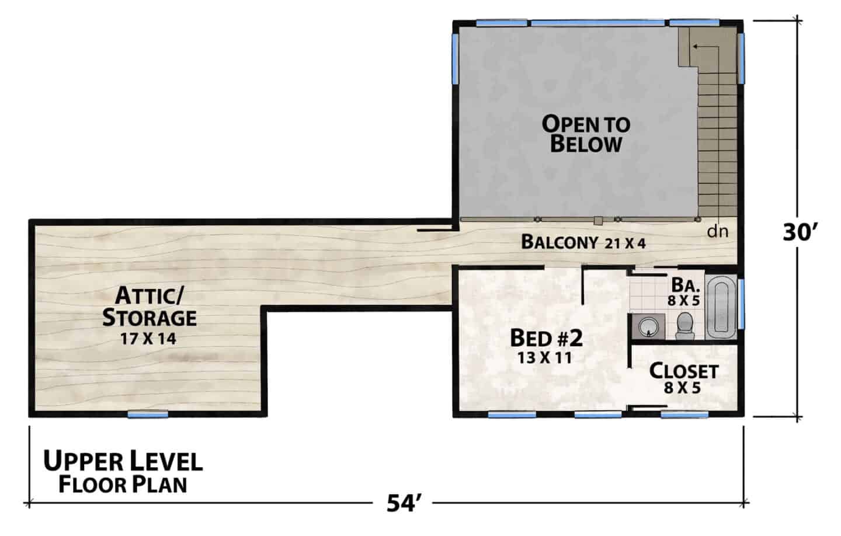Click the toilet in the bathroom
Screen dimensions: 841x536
[x=685, y=326]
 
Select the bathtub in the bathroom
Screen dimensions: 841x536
[x=721, y=308]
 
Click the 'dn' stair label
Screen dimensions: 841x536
[x=717, y=232]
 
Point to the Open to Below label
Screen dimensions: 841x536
[x=586, y=134]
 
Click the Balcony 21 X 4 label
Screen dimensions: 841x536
[x=583, y=242]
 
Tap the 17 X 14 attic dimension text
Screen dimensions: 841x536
[x=148, y=339]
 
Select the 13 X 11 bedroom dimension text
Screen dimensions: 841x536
[x=545, y=358]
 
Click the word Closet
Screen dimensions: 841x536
[x=684, y=371]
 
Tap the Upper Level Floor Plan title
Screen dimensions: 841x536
[x=123, y=472]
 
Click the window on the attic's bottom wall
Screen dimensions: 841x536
[x=148, y=415]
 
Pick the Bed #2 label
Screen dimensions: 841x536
[x=546, y=338]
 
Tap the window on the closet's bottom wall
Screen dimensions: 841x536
[x=684, y=415]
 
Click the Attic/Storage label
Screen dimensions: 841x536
[x=150, y=307]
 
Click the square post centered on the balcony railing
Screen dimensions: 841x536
[x=597, y=221]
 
